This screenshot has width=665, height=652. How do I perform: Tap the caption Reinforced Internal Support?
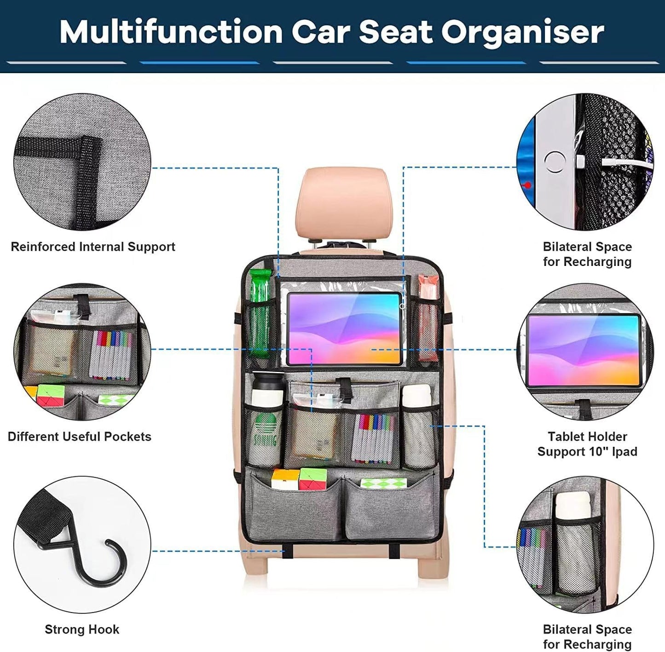click(x=93, y=247)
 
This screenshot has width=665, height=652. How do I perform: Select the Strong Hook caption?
click(x=82, y=629)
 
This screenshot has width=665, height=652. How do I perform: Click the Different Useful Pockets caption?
click(x=80, y=437)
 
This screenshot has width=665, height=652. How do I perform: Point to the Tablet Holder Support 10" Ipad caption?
click(x=587, y=444)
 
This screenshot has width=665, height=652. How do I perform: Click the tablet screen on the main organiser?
click(x=344, y=328)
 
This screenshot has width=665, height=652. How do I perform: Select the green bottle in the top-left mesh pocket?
click(x=260, y=313)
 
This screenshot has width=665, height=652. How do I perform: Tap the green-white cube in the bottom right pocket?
click(x=383, y=483)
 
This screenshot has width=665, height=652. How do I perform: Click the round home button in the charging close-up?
click(x=555, y=162)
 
